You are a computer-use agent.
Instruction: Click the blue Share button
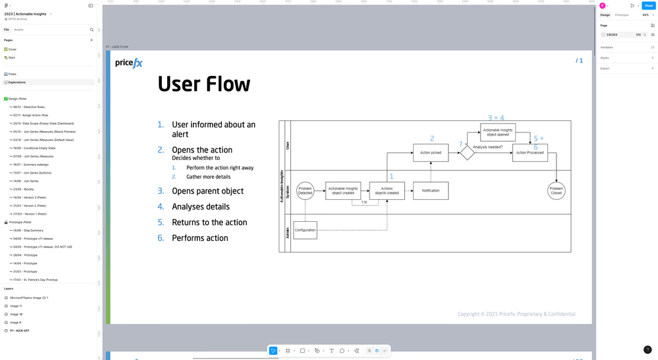(x=648, y=6)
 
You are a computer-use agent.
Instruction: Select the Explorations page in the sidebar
(x=17, y=82)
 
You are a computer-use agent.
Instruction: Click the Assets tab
(x=19, y=30)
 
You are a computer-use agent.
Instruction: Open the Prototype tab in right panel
(x=621, y=15)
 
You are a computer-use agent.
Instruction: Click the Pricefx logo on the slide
(x=129, y=63)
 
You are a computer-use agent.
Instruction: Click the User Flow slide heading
(x=204, y=84)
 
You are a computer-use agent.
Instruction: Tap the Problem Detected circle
(x=305, y=191)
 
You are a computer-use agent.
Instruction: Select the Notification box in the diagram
(x=431, y=191)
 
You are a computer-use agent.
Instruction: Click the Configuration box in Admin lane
(x=305, y=230)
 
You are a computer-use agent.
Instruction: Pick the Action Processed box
(x=530, y=153)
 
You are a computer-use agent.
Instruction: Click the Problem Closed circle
(x=556, y=191)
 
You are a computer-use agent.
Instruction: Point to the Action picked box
(x=431, y=153)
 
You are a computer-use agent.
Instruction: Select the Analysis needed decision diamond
(x=467, y=153)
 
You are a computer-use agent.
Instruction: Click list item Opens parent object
(x=208, y=191)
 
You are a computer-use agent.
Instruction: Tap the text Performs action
(x=200, y=238)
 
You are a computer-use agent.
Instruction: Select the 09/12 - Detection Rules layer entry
(x=29, y=107)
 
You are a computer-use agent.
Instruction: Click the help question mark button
(x=647, y=350)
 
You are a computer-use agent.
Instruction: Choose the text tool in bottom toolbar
(x=332, y=351)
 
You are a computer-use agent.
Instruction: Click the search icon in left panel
(x=92, y=30)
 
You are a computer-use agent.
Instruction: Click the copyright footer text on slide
(x=517, y=314)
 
